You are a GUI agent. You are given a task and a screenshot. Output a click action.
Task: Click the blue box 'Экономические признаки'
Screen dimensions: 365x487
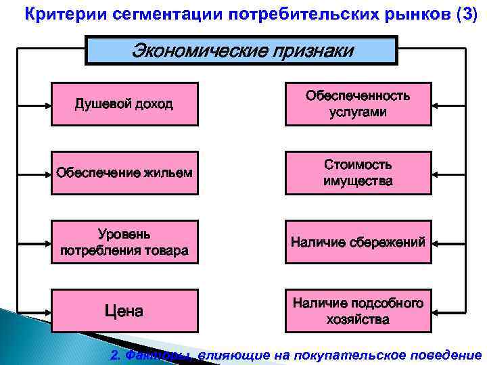(x=241, y=51)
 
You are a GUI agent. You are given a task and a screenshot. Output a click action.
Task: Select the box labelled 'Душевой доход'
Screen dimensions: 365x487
(x=124, y=104)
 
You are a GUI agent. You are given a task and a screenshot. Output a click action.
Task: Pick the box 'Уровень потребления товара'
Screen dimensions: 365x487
(x=124, y=243)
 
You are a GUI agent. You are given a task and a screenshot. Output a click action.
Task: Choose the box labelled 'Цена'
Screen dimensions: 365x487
(x=124, y=311)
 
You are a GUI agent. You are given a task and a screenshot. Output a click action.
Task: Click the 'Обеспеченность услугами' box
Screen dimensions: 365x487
(x=358, y=104)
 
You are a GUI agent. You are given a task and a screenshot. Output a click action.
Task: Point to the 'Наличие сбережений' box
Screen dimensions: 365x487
(x=358, y=241)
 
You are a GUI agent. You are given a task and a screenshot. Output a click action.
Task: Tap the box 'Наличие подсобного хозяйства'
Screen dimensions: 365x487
(x=358, y=311)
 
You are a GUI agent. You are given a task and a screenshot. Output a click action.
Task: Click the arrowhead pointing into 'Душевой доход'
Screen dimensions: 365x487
(x=47, y=105)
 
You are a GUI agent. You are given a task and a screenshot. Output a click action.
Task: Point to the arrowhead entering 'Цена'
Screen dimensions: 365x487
(x=47, y=311)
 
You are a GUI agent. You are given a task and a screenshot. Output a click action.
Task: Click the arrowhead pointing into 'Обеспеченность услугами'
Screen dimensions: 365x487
(x=436, y=105)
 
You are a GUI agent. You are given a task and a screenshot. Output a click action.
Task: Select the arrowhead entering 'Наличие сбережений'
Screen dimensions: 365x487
(x=436, y=241)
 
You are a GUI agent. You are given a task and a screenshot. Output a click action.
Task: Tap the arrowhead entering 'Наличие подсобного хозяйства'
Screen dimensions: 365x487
(x=436, y=311)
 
